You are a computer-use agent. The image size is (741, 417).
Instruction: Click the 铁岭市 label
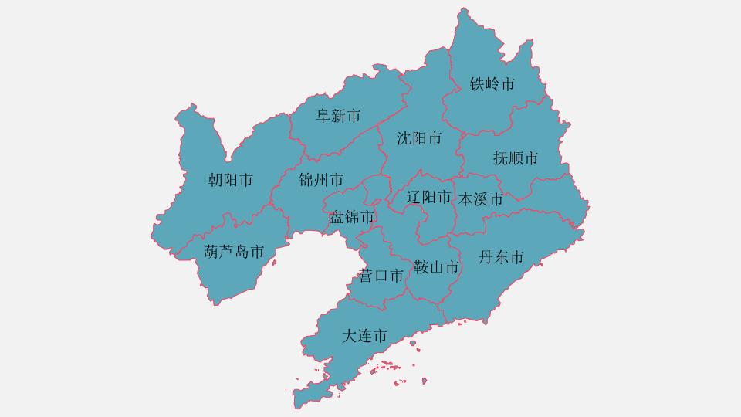point(492,84)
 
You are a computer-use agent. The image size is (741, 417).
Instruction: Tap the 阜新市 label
point(339,117)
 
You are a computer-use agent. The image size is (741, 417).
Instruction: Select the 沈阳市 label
point(419,139)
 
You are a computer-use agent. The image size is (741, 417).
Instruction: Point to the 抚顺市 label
point(516,159)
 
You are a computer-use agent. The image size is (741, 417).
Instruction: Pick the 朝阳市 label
point(231,181)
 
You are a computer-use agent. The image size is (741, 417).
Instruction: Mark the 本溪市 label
point(481,199)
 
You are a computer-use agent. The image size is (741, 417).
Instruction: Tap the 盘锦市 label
point(352,217)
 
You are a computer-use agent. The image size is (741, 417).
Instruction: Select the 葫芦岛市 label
point(234,252)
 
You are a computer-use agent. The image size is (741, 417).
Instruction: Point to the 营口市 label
point(381,276)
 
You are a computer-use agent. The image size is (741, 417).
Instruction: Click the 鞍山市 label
point(436,268)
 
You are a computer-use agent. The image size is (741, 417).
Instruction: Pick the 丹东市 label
point(501,258)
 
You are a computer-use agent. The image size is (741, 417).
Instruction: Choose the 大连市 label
point(364,337)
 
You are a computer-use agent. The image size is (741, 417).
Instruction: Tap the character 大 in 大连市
point(349,337)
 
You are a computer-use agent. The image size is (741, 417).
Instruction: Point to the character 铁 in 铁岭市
point(478,84)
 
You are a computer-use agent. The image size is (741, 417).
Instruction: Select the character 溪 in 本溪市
point(481,199)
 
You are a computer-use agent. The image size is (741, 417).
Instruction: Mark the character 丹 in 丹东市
point(486,258)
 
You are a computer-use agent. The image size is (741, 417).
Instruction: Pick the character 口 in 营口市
point(381,276)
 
